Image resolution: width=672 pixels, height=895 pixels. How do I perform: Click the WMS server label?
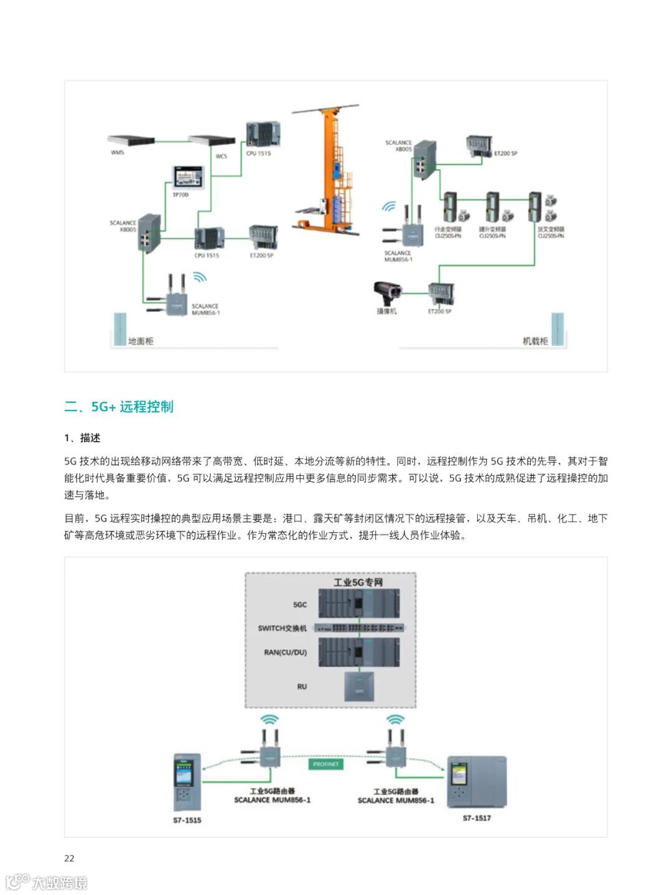click(x=117, y=152)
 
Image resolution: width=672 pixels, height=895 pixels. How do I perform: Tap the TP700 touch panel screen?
click(x=188, y=177)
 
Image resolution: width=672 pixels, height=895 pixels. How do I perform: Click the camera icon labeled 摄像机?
click(x=386, y=292)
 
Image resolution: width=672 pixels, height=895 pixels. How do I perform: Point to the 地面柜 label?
click(x=141, y=341)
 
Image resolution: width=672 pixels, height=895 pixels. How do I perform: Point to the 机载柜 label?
click(x=535, y=341)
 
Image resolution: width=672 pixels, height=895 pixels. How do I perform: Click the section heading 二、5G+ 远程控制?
click(x=119, y=407)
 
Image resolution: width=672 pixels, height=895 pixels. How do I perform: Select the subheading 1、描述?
click(x=82, y=438)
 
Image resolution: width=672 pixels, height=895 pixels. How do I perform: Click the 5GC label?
click(x=300, y=605)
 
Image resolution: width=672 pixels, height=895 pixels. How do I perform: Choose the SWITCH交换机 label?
click(x=282, y=628)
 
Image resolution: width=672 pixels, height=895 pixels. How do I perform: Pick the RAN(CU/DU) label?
click(x=286, y=652)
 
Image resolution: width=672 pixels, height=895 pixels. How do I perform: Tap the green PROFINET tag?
click(x=325, y=764)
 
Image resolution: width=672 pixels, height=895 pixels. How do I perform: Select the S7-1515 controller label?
click(x=187, y=820)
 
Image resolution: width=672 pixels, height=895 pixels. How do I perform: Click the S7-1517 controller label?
click(x=477, y=818)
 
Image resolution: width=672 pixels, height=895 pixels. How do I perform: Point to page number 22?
click(x=69, y=858)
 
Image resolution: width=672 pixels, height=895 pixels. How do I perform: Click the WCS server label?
click(x=222, y=156)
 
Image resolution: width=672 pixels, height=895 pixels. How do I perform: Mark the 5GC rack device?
click(x=359, y=603)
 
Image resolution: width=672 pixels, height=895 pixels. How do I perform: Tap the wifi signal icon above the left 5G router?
click(x=269, y=719)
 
